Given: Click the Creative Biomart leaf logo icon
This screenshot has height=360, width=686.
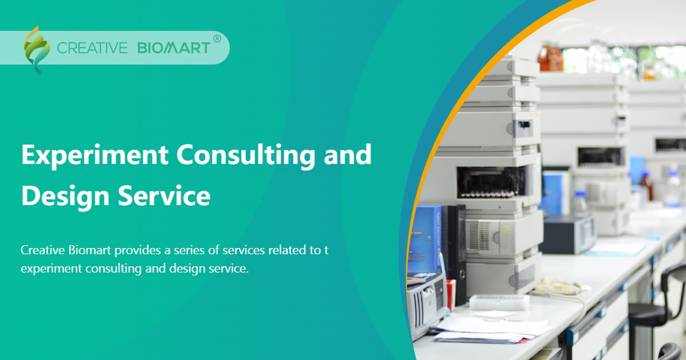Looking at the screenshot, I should (x=36, y=49).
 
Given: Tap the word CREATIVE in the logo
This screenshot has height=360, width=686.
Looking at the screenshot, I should (x=92, y=48).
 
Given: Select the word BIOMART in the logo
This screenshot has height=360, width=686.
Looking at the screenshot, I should (x=174, y=48).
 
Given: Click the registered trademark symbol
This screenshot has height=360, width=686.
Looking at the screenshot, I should (x=217, y=39).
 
